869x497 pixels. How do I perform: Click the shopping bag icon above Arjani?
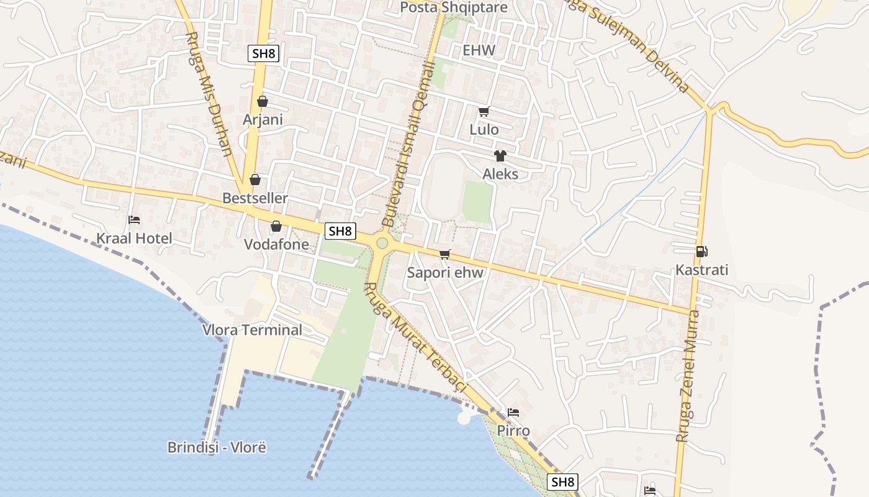[x=263, y=101]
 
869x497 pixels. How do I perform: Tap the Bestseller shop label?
[x=255, y=198]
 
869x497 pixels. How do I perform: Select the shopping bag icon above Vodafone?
[x=276, y=226]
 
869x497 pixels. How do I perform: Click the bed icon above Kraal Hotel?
[x=134, y=220]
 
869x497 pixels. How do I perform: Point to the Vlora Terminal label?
[x=253, y=330]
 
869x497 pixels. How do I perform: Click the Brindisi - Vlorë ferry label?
[x=217, y=447]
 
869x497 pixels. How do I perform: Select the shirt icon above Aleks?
[x=500, y=155]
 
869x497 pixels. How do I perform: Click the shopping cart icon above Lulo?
[x=484, y=112]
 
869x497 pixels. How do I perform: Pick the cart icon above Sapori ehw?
[x=444, y=254]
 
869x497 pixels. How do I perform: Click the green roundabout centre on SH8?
[x=382, y=243]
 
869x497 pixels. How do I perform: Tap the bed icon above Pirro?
[x=513, y=413]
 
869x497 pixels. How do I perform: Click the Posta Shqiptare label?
[x=454, y=7]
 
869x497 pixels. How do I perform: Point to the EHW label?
[x=479, y=51]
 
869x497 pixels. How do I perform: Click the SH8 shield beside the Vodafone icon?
[x=340, y=231]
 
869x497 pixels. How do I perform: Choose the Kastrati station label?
[x=701, y=270]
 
